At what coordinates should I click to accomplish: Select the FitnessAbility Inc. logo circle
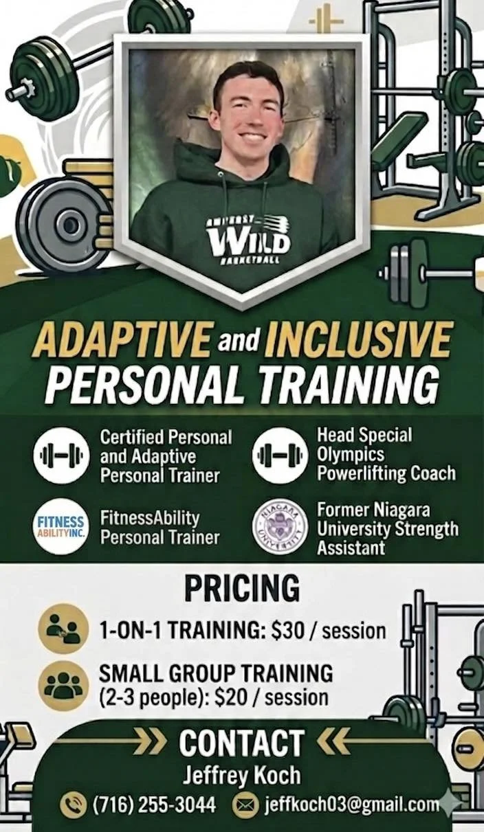pyautogui.click(x=60, y=527)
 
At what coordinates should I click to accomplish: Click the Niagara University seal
pyautogui.click(x=280, y=527)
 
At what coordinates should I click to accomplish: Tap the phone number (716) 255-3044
pyautogui.click(x=154, y=804)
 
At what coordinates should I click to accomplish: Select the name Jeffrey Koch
pyautogui.click(x=241, y=775)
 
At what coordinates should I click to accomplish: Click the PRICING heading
pyautogui.click(x=241, y=589)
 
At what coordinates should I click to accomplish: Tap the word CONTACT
pyautogui.click(x=241, y=743)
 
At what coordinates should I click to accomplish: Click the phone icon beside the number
pyautogui.click(x=73, y=805)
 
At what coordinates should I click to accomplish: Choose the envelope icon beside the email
pyautogui.click(x=245, y=805)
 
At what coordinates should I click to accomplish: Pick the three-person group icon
pyautogui.click(x=63, y=686)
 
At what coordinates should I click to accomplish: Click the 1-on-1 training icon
pyautogui.click(x=63, y=629)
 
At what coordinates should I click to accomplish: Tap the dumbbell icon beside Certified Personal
pyautogui.click(x=60, y=456)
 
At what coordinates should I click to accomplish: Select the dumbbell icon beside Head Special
pyautogui.click(x=280, y=456)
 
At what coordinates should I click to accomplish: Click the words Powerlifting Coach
pyautogui.click(x=386, y=473)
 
